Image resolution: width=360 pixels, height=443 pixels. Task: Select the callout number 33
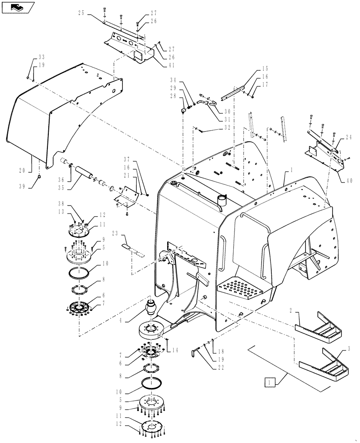[x=42, y=57]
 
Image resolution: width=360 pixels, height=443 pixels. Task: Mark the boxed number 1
[x=270, y=381]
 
